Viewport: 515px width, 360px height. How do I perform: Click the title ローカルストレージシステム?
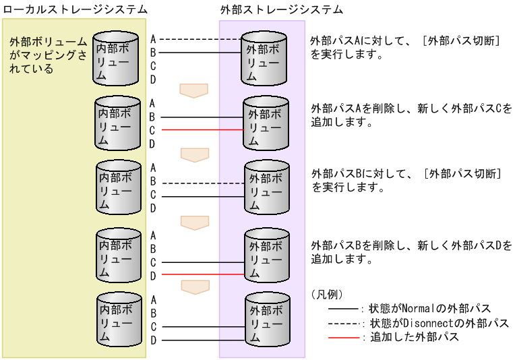click(75, 9)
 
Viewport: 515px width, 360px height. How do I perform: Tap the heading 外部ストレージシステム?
click(281, 9)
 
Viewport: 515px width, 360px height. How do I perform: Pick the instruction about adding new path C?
click(411, 115)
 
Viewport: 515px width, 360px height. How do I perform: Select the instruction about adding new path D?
click(411, 251)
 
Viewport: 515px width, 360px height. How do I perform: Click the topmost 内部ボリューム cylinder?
click(115, 58)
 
